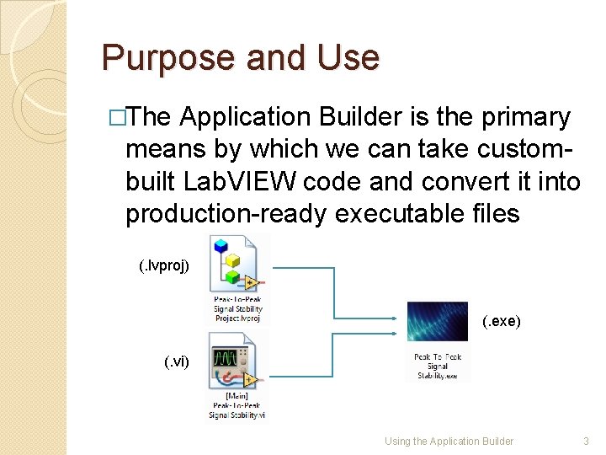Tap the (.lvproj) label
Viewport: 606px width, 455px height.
pyautogui.click(x=169, y=266)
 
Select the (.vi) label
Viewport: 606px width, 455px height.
pyautogui.click(x=176, y=362)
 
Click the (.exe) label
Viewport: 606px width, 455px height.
pyautogui.click(x=502, y=321)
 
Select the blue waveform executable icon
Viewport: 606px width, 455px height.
pyautogui.click(x=437, y=321)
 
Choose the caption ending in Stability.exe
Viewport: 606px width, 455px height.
pyautogui.click(x=437, y=367)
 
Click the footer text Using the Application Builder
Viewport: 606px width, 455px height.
pyautogui.click(x=449, y=441)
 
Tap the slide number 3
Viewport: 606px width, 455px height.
pyautogui.click(x=586, y=441)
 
